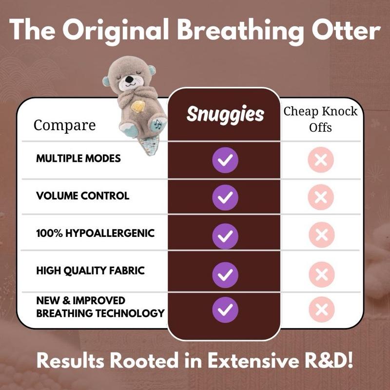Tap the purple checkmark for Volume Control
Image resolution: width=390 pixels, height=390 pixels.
[225, 196]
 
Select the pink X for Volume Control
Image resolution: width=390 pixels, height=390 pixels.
[321, 196]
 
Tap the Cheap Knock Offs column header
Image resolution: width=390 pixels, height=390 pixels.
[321, 119]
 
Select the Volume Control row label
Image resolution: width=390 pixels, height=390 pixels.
[83, 196]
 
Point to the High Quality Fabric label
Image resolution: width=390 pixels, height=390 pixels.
[91, 270]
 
